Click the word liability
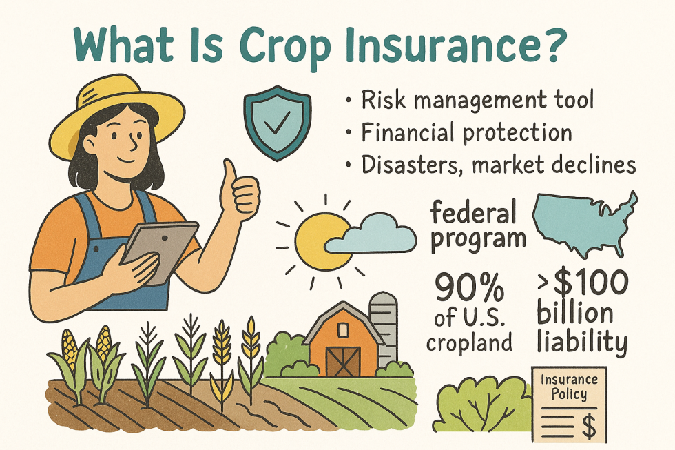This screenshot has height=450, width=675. point(581,342)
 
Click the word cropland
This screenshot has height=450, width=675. point(469,342)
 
